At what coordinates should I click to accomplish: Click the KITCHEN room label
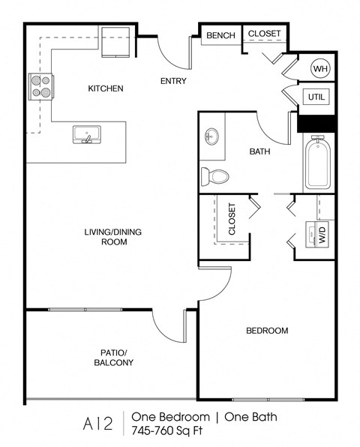[106, 88]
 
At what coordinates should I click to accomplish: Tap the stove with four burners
[40, 86]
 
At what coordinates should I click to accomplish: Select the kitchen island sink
[87, 135]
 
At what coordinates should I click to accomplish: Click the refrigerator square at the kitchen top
[116, 41]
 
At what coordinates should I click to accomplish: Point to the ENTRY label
[173, 82]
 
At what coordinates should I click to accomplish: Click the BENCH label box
[220, 35]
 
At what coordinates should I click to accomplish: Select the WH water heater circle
[320, 69]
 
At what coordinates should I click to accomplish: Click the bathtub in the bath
[319, 163]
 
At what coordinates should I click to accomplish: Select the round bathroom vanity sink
[212, 137]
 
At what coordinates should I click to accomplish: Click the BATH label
[259, 151]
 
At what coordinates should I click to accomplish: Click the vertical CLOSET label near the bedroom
[232, 219]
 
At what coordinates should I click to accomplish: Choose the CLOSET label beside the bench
[264, 34]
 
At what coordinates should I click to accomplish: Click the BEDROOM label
[267, 330]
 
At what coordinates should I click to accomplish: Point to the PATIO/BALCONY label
[114, 357]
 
